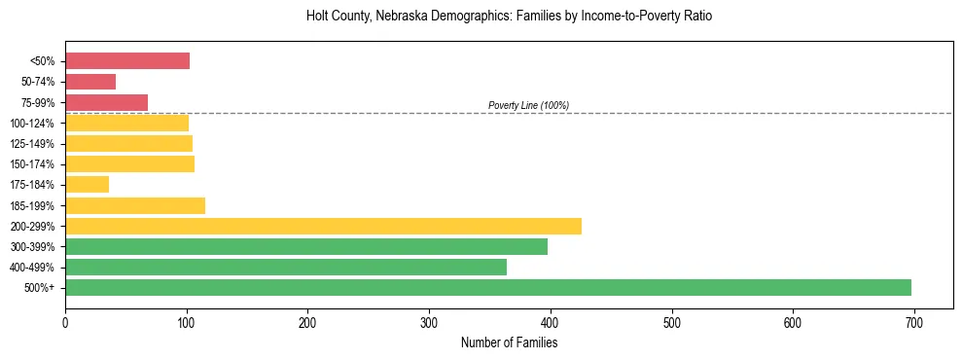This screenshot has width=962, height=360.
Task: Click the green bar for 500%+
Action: tap(487, 287)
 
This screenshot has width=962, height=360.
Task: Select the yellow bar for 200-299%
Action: tap(323, 226)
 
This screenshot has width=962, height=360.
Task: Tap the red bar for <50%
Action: tap(127, 60)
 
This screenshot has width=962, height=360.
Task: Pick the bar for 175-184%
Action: tap(87, 184)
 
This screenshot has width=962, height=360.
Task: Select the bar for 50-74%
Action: tap(90, 82)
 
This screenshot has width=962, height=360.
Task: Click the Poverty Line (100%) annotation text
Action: tap(528, 105)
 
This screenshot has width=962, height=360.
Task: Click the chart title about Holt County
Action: tap(510, 17)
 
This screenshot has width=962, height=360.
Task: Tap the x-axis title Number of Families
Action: tap(509, 342)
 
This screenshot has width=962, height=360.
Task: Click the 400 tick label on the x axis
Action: tap(550, 322)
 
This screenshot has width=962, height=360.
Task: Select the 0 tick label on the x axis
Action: tap(65, 322)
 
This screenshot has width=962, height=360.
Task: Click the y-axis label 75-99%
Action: tap(38, 102)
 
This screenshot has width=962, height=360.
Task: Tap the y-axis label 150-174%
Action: tap(32, 164)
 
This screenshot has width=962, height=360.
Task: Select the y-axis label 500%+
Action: tap(40, 288)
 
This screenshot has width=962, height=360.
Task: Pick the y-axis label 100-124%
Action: tap(32, 123)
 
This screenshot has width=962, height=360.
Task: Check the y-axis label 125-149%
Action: tap(32, 144)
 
